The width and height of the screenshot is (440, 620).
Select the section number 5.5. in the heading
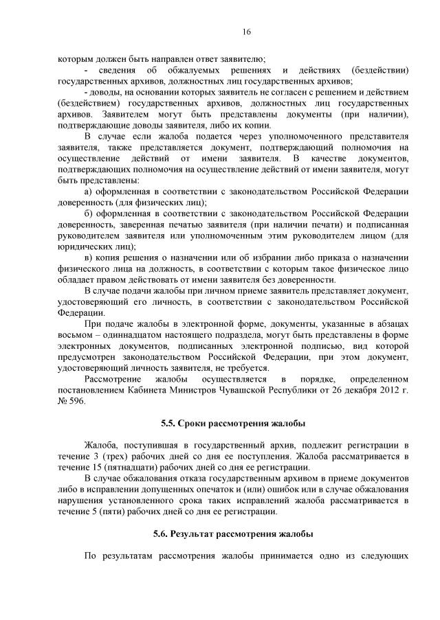tap(170, 422)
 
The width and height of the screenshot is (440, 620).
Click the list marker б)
tap(87, 213)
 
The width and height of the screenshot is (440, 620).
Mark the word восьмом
tap(76, 334)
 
